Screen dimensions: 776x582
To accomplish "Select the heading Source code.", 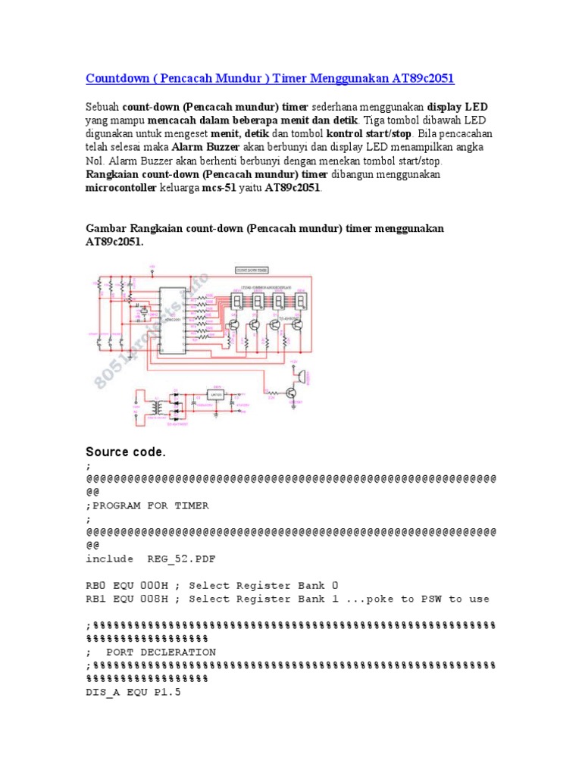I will click(x=126, y=452).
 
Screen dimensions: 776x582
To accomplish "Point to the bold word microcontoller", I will click(x=120, y=188).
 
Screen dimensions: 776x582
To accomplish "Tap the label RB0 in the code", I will click(x=96, y=586).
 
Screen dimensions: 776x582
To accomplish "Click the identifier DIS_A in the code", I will click(x=103, y=693).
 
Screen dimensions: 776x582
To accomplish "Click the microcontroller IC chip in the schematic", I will click(x=172, y=320).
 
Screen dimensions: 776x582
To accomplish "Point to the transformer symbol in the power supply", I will click(x=158, y=408).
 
